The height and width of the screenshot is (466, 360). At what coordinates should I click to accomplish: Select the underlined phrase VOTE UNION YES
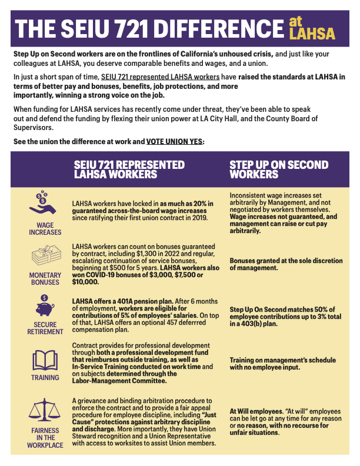[x=174, y=142]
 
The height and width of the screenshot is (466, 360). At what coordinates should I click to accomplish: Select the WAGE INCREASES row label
[x=45, y=228]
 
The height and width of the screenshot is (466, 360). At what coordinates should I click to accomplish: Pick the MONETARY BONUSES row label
[x=45, y=278]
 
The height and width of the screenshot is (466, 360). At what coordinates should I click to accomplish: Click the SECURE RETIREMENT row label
[x=45, y=328]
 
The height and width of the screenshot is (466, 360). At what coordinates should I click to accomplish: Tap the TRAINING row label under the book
[x=45, y=378]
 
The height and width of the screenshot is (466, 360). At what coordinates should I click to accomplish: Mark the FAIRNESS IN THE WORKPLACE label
[x=45, y=437]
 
